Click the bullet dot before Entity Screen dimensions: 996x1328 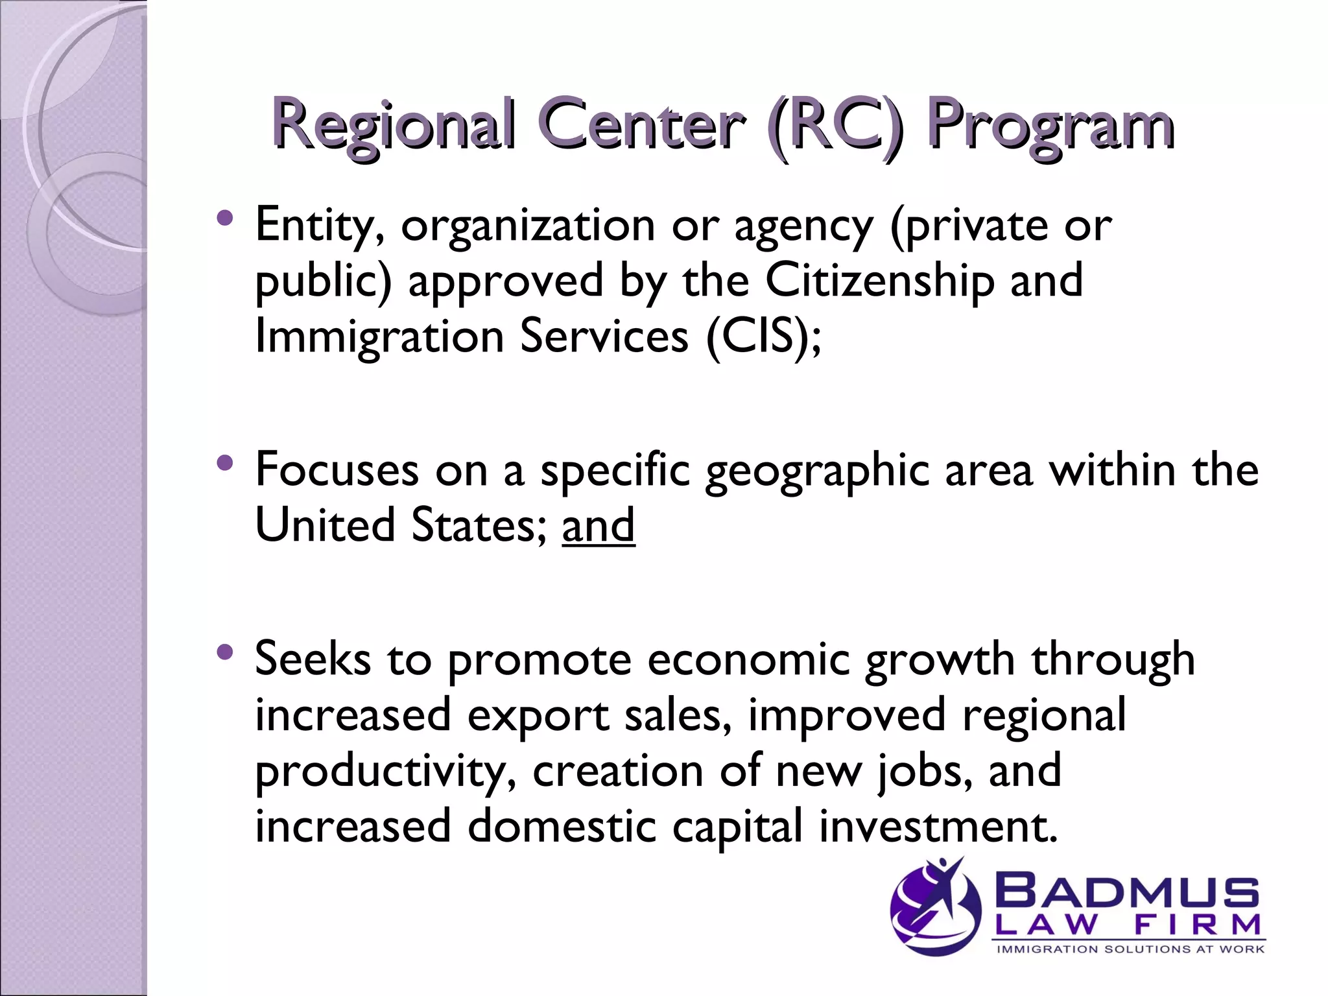225,218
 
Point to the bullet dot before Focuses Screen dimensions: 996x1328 225,463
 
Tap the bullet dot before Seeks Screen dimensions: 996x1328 225,652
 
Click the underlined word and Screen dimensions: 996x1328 599,525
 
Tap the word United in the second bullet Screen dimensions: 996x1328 325,525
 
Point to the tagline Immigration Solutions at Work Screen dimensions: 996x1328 1130,949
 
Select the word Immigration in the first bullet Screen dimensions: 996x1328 379,337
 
